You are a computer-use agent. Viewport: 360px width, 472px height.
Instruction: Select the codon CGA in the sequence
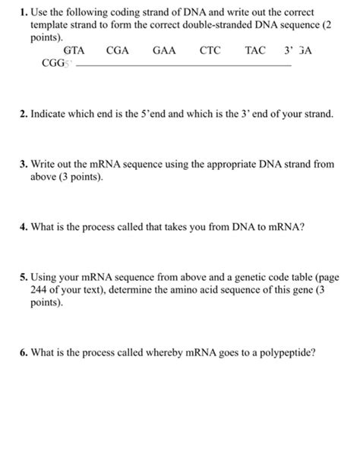tap(118, 51)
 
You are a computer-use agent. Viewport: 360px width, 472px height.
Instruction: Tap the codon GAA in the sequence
tap(164, 51)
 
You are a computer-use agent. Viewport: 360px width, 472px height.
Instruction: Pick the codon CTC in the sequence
tap(210, 51)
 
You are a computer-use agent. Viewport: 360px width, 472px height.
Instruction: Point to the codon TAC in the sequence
tap(256, 51)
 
